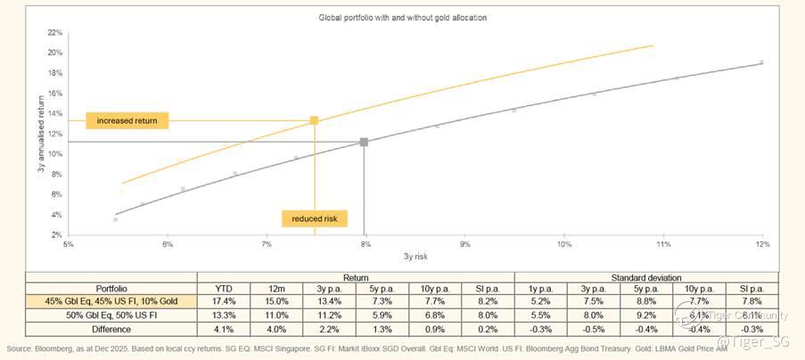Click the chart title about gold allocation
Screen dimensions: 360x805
[402, 17]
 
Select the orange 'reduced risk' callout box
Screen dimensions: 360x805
[314, 218]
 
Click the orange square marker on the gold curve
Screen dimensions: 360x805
[314, 120]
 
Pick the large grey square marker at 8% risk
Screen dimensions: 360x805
[364, 142]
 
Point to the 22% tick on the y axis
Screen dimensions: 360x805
[55, 32]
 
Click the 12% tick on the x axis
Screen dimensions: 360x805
[761, 243]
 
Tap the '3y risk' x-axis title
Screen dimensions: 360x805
[415, 256]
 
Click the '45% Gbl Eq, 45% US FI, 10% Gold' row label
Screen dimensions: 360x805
[111, 302]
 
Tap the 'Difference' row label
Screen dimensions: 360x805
[111, 328]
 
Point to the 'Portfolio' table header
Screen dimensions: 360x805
[111, 289]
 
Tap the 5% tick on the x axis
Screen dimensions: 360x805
[68, 243]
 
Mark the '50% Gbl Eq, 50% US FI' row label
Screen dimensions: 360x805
[111, 315]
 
